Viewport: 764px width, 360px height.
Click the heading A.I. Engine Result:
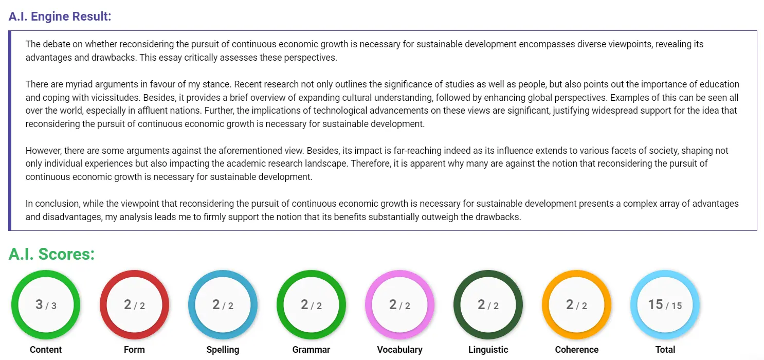click(x=60, y=16)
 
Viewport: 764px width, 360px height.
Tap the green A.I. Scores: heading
click(x=51, y=254)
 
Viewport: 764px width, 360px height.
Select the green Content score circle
click(x=46, y=305)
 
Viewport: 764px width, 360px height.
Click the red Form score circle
click(x=134, y=305)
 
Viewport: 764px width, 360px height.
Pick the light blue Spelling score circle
click(x=223, y=305)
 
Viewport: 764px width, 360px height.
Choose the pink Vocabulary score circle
click(x=399, y=305)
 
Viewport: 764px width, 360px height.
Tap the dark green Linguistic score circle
click(x=488, y=305)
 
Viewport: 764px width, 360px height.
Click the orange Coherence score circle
click(x=576, y=305)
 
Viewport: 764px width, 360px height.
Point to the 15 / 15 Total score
click(x=665, y=305)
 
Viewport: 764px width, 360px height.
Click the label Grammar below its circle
click(x=311, y=350)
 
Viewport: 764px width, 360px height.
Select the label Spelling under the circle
click(x=223, y=350)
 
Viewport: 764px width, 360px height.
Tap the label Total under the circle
click(x=665, y=350)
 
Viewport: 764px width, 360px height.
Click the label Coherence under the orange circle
click(x=576, y=350)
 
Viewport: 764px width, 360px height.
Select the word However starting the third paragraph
click(x=43, y=151)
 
